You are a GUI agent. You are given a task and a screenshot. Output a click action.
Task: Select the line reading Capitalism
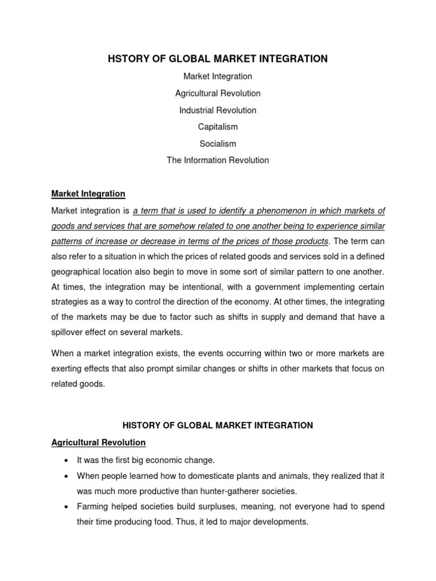[217, 127]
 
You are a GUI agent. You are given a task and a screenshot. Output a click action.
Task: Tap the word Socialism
[217, 144]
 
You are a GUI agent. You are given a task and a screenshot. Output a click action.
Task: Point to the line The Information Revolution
[217, 160]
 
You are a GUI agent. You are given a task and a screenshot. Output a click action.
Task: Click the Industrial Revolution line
[217, 110]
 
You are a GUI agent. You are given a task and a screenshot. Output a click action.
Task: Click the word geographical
[76, 272]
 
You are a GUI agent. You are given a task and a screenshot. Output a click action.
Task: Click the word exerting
[66, 369]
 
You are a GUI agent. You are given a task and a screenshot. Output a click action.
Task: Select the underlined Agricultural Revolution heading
[98, 442]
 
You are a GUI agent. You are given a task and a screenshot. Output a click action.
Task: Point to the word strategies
[69, 302]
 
